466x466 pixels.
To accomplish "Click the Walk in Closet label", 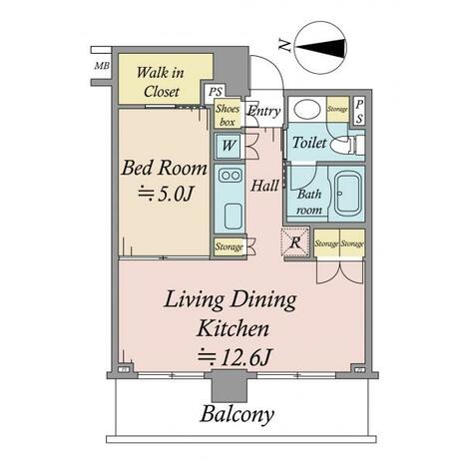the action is [x=161, y=82].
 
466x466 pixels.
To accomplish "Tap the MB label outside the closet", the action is [x=102, y=66].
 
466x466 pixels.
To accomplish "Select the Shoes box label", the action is [x=228, y=115].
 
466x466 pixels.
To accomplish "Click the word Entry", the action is [x=264, y=111].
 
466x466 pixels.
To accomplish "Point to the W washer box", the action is [x=229, y=146].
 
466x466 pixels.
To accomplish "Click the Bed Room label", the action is [x=165, y=168].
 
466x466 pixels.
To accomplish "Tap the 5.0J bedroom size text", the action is [x=166, y=194].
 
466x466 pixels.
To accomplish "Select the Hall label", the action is [x=264, y=186].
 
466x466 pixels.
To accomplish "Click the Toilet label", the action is [x=309, y=143].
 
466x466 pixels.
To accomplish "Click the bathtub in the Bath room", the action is [x=347, y=194].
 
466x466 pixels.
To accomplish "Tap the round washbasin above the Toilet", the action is [x=307, y=109].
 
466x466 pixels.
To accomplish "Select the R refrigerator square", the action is [x=295, y=241].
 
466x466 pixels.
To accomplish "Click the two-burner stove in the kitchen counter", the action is [x=230, y=176].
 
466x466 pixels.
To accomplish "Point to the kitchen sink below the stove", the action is [x=233, y=216].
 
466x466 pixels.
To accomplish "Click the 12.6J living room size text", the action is [x=234, y=357].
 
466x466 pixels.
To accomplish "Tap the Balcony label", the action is [x=237, y=415].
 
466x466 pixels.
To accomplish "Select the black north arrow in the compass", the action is [x=320, y=47].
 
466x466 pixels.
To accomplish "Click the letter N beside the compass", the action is [x=285, y=45].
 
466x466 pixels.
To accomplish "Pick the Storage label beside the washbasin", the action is [x=337, y=109].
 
